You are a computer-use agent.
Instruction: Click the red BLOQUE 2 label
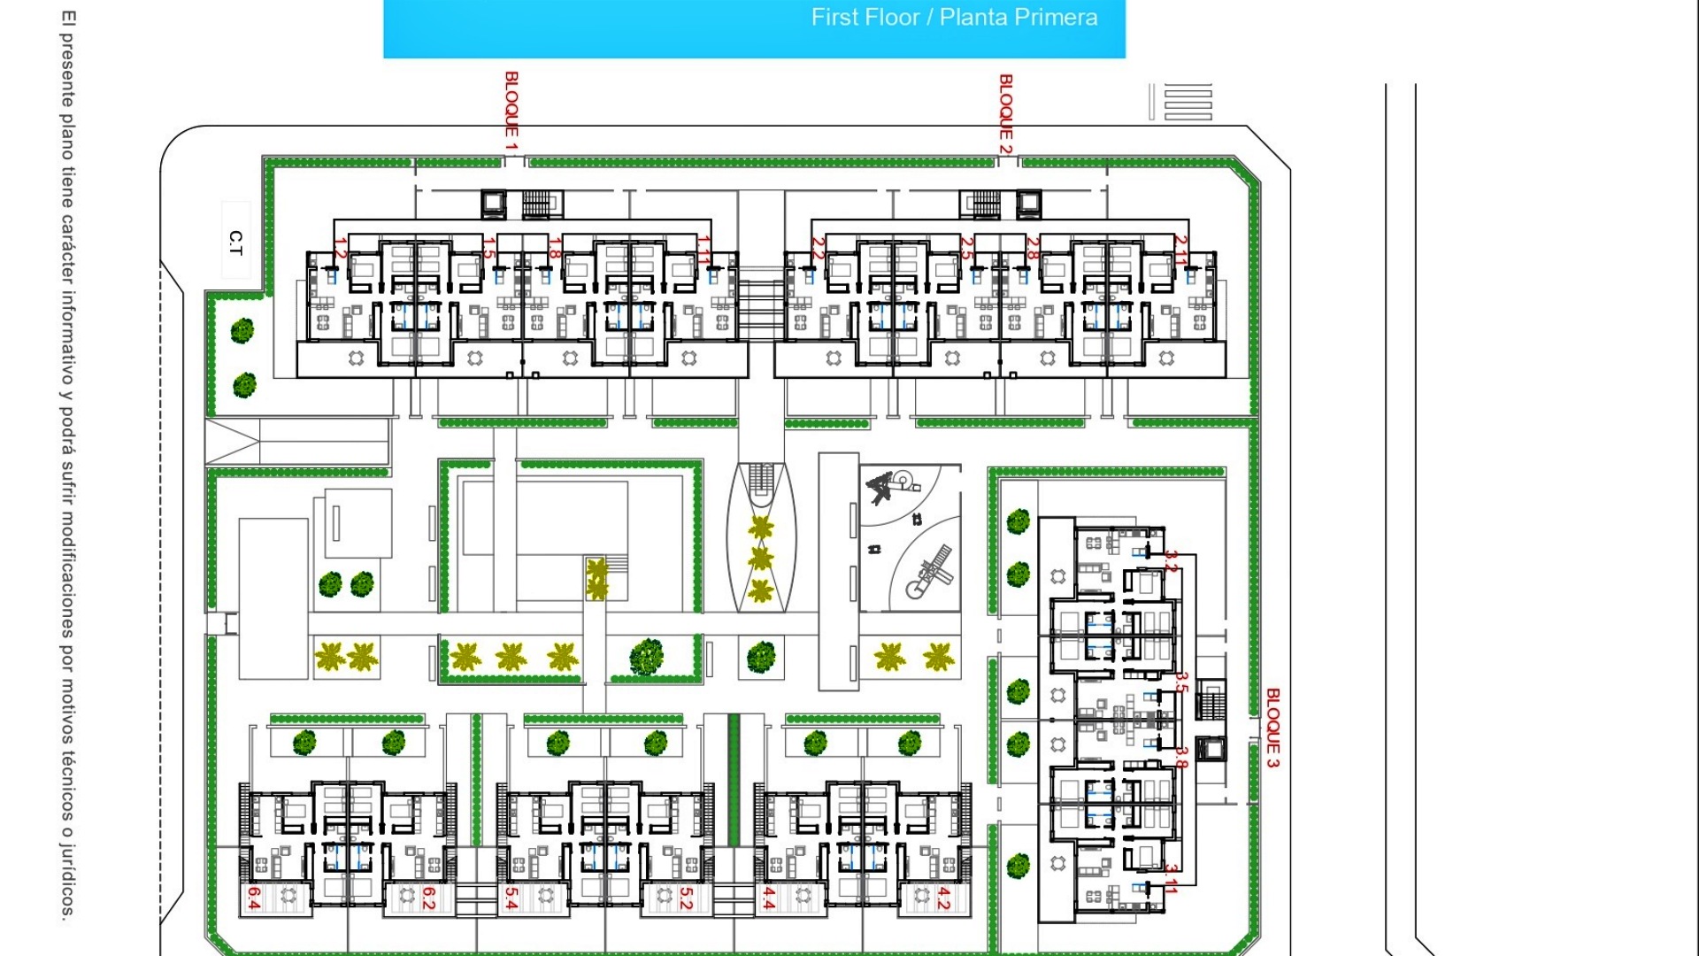pyautogui.click(x=1005, y=114)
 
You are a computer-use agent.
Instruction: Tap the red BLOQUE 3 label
pyautogui.click(x=1272, y=728)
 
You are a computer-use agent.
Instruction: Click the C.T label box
pyautogui.click(x=235, y=242)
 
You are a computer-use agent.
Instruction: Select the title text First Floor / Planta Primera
pyautogui.click(x=954, y=18)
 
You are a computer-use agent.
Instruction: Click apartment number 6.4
pyautogui.click(x=254, y=898)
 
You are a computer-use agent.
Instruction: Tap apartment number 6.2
pyautogui.click(x=428, y=898)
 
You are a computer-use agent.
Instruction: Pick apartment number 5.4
pyautogui.click(x=511, y=898)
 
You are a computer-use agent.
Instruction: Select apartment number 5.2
pyautogui.click(x=686, y=898)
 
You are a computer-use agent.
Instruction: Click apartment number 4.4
pyautogui.click(x=769, y=898)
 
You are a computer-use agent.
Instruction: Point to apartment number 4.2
pyautogui.click(x=943, y=898)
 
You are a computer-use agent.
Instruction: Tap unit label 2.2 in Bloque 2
pyautogui.click(x=819, y=249)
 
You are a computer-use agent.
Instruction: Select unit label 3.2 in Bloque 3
pyautogui.click(x=1172, y=561)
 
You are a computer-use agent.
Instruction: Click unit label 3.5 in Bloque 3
pyautogui.click(x=1180, y=682)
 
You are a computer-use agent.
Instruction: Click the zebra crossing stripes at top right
pyautogui.click(x=1188, y=102)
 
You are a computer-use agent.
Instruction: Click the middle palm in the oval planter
pyautogui.click(x=760, y=559)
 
